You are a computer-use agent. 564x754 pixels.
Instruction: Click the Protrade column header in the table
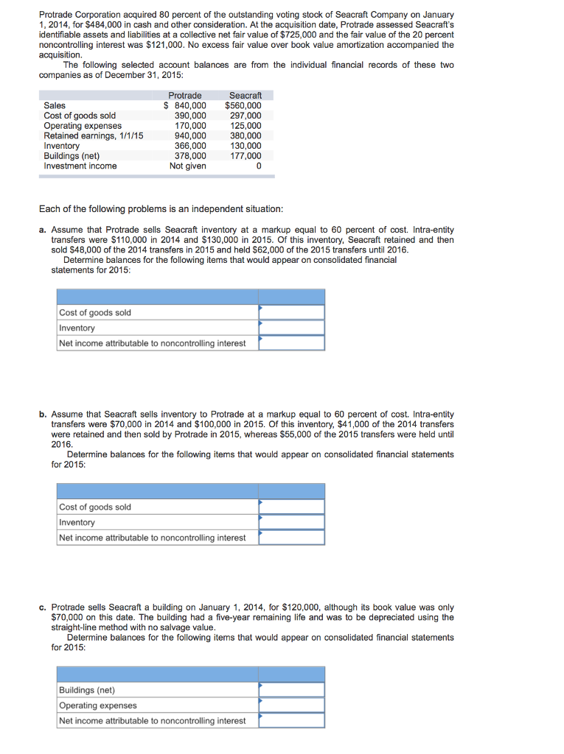coord(184,96)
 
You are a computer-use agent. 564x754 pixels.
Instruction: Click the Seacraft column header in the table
coord(246,96)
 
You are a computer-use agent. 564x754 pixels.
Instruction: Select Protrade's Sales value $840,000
coord(185,105)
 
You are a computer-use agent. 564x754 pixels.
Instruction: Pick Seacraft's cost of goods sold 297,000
coord(246,116)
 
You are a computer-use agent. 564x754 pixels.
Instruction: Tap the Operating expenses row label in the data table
coord(83,126)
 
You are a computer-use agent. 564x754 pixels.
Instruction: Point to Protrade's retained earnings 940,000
coord(189,135)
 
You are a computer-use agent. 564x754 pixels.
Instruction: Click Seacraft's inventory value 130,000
coord(246,146)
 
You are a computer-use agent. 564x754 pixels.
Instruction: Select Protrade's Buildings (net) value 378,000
coord(189,155)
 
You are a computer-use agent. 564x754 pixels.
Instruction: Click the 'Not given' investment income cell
coord(188,166)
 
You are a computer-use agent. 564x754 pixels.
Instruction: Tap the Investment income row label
coord(80,166)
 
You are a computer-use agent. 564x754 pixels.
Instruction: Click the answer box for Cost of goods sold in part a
coord(291,312)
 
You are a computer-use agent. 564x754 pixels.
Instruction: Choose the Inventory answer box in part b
coord(291,522)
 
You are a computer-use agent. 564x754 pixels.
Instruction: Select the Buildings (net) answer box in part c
coord(291,690)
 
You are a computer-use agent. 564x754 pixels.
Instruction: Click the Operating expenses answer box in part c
coord(291,705)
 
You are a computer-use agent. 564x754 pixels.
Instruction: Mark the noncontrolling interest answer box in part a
coord(291,343)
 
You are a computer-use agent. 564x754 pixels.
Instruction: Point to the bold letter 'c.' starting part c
coord(43,607)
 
